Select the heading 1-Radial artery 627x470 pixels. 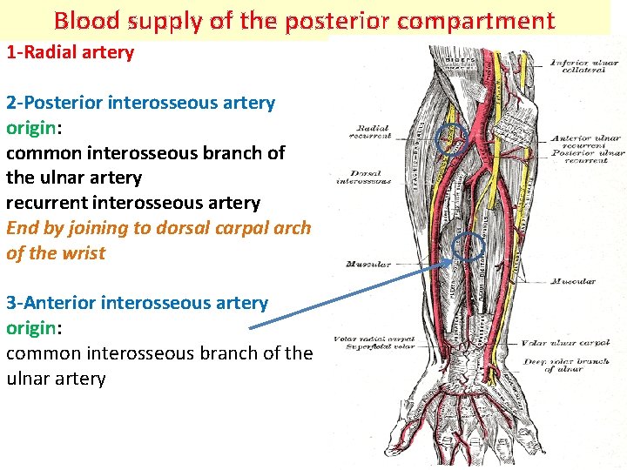tap(71, 52)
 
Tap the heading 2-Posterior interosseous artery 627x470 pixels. tap(140, 103)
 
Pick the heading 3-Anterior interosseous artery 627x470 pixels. tap(137, 303)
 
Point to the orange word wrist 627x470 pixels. tap(83, 253)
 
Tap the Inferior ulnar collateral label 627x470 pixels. tap(583, 66)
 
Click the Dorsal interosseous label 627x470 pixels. tap(365, 177)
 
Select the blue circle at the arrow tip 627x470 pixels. tap(469, 248)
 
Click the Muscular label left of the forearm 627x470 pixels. tap(367, 264)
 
